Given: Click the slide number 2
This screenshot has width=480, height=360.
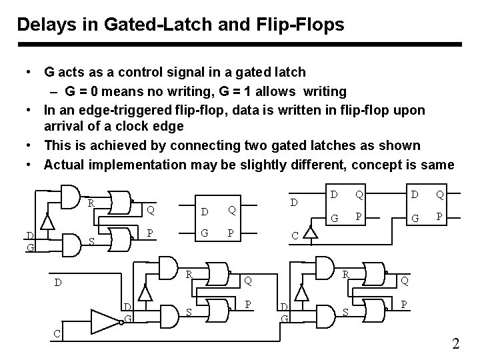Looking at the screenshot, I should tap(456, 345).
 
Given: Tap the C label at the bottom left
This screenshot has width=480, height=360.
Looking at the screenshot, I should tap(57, 333).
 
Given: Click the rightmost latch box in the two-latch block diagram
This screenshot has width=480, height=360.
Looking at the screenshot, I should tap(427, 207).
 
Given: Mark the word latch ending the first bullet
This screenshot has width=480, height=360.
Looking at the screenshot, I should tap(291, 71).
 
